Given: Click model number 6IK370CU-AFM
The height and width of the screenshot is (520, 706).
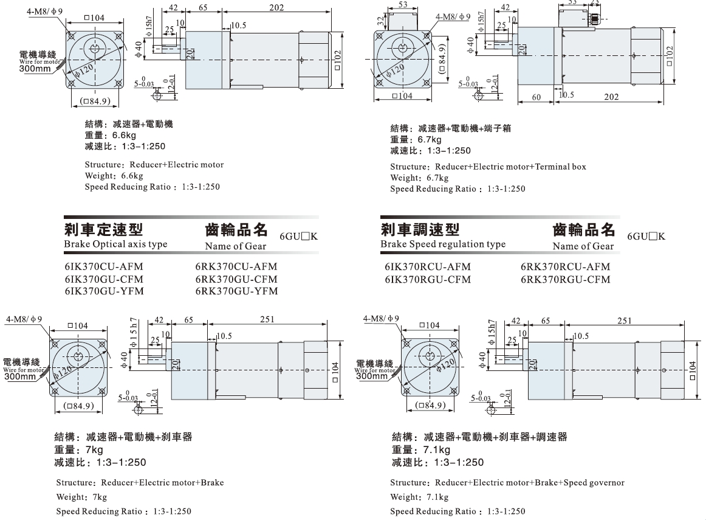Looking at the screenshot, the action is [x=104, y=267].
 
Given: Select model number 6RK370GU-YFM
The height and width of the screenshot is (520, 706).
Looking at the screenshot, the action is [x=236, y=291].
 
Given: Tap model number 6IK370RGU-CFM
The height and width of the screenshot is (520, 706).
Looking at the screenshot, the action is [x=428, y=279].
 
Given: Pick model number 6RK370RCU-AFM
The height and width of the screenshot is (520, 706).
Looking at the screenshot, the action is [x=566, y=267].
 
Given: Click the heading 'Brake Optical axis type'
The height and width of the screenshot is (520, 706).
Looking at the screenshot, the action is [x=115, y=244].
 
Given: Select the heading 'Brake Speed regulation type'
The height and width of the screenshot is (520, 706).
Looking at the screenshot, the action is [x=443, y=244].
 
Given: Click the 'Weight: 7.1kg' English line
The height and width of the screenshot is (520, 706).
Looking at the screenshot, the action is [x=419, y=497].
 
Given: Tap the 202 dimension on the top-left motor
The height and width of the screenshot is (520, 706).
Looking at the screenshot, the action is [x=276, y=8].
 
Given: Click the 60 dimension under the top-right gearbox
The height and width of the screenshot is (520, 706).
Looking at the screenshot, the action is [x=536, y=97].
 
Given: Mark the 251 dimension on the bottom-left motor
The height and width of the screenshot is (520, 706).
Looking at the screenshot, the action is [x=267, y=319].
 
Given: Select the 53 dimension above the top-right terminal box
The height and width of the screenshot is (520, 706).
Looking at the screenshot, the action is [x=403, y=4].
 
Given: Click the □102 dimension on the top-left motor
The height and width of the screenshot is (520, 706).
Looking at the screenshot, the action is [x=338, y=60].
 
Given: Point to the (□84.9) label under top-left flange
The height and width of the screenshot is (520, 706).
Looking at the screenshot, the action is [x=95, y=101].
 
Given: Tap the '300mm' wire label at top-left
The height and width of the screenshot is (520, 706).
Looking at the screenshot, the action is [x=35, y=69].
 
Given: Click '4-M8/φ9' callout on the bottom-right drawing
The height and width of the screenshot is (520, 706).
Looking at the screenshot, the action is [x=382, y=319].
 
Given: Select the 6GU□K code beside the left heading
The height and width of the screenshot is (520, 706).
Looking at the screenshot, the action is [x=298, y=236].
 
